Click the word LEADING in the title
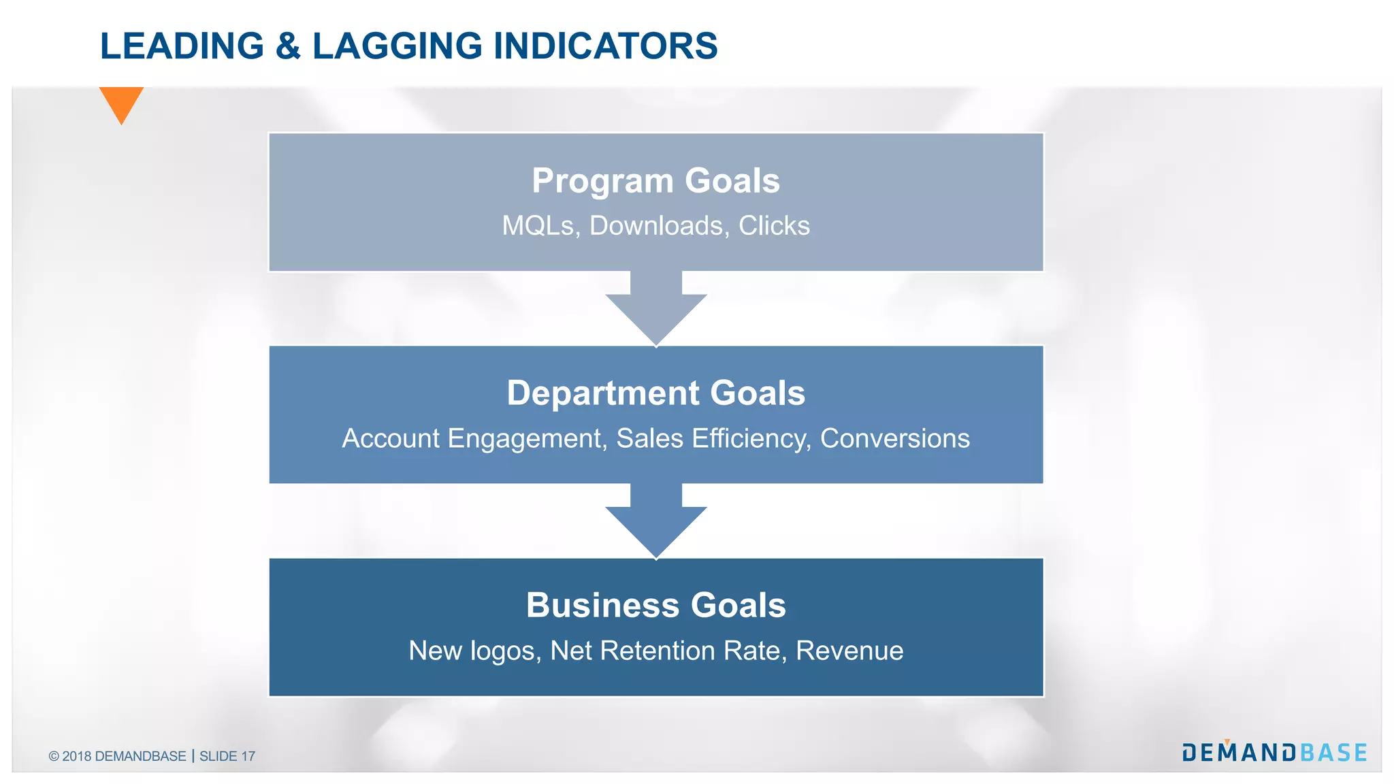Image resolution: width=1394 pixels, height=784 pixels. point(182,46)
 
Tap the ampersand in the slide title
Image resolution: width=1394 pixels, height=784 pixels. point(288,46)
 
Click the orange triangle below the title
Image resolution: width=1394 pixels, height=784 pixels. point(121,103)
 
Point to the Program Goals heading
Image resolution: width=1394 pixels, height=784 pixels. point(655,181)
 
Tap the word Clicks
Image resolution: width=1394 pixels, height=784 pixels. point(774,226)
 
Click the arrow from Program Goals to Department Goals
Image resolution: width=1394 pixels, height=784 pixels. point(656,310)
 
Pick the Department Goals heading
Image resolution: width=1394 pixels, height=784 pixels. point(655,393)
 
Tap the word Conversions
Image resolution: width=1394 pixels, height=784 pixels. point(894,438)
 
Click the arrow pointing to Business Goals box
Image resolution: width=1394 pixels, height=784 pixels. point(656,523)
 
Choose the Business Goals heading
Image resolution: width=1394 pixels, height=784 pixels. point(655,606)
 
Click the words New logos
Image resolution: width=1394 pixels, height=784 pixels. point(474,651)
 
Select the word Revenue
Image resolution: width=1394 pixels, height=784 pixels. point(849,651)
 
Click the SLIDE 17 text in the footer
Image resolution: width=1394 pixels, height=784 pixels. point(227,756)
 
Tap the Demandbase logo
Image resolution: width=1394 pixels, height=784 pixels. point(1274,752)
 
